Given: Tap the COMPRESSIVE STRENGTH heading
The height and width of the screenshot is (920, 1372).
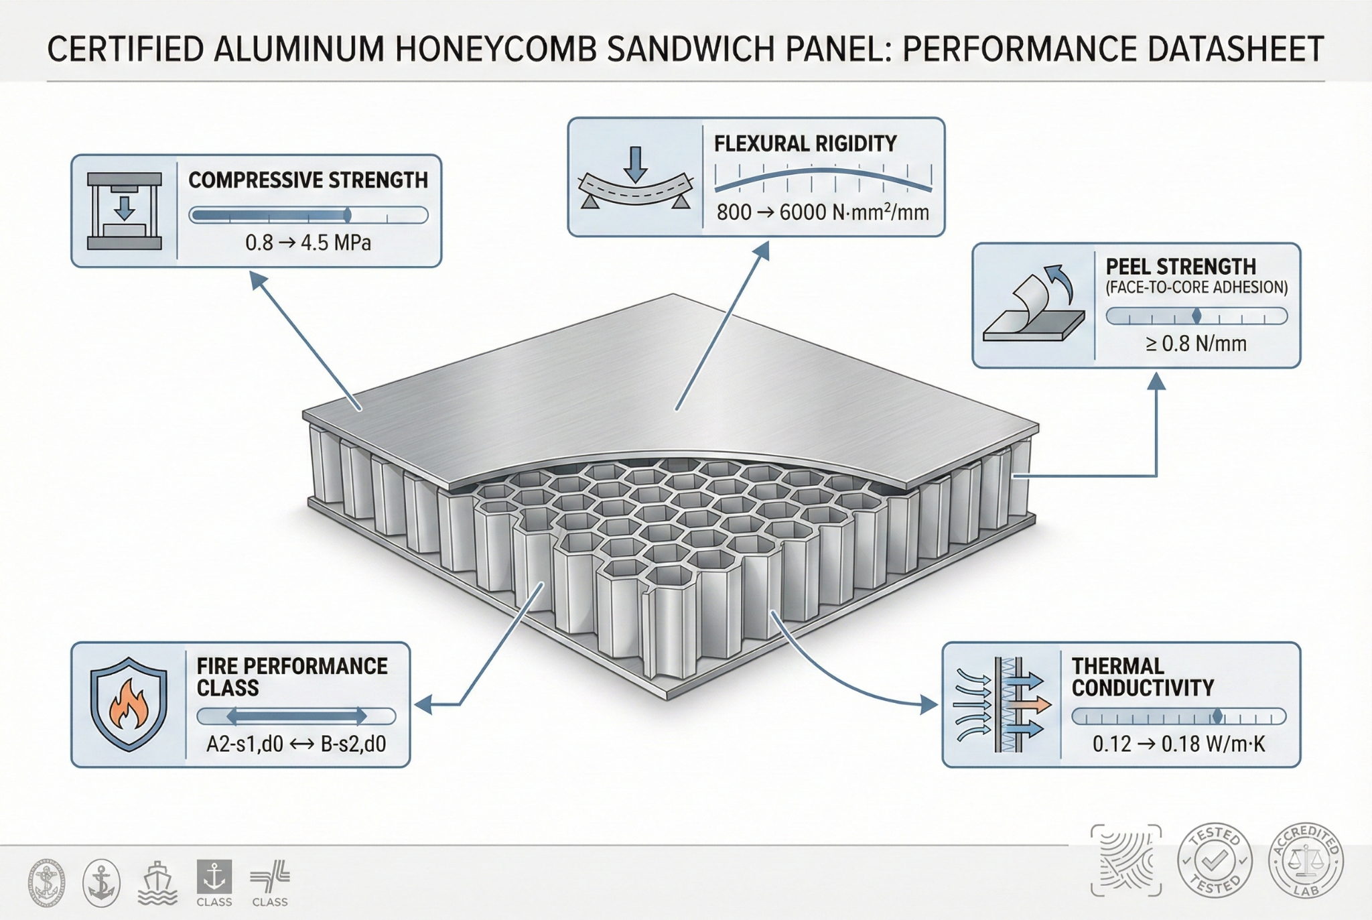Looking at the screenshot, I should point(308,180).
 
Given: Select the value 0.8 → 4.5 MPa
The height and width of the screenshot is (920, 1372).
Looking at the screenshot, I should point(308,243).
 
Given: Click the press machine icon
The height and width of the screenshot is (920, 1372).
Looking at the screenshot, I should point(125,211).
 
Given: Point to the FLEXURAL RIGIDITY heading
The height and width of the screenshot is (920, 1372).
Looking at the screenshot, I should point(805,143).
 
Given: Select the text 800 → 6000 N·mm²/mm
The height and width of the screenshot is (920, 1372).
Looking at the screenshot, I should point(823,213).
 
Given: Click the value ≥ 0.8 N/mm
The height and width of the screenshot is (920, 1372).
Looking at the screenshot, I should point(1196,344).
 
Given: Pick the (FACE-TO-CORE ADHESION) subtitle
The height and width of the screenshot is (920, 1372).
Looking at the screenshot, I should point(1196,287).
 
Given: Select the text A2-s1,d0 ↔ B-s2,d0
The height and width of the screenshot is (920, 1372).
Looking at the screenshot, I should point(296,744).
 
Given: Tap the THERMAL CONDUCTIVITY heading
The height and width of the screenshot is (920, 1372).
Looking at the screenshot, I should point(1142,677).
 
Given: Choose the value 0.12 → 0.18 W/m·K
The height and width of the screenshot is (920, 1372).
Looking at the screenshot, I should point(1179,744).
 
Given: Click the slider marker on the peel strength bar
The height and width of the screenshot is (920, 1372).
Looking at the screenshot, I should point(1197,316).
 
